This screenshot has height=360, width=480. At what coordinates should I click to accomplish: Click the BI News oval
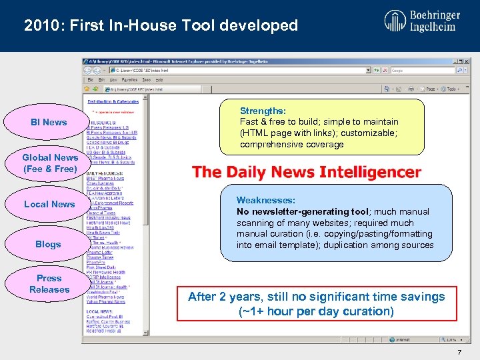pos(49,122)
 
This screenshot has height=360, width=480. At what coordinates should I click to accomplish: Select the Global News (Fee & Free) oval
pos(50,163)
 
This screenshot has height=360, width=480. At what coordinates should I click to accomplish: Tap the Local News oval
pos(49,204)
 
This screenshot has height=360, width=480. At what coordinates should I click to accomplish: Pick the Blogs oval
pos(48,244)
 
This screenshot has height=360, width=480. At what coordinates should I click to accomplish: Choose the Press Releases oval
pos(49,284)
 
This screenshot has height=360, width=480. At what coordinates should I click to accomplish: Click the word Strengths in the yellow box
pos(263,111)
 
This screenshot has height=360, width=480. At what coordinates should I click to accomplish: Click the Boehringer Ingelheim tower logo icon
pos(395,21)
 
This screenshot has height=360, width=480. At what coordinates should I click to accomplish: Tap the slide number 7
pos(459,352)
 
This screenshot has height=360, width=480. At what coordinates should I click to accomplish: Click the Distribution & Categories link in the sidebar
pos(113,101)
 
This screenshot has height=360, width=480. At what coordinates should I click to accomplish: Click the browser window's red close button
pos(464,61)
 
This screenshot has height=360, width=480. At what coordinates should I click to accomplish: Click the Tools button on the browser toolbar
pos(451,89)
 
